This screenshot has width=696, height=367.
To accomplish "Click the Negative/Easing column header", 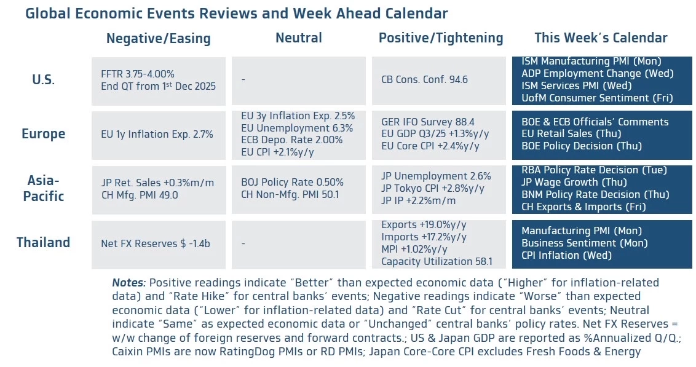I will point(158,38).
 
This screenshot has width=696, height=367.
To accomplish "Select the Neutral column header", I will point(298,37).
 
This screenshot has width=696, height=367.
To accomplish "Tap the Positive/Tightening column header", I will point(441,37).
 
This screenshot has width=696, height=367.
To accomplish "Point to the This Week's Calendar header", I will point(601,37).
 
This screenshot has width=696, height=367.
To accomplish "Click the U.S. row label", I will point(43,80).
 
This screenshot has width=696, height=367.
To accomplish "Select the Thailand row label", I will point(43,242).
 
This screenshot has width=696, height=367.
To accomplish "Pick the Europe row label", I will point(43,134).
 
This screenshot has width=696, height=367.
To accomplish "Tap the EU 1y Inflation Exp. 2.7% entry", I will point(157,134).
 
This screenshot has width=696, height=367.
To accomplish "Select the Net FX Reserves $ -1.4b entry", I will point(155,243).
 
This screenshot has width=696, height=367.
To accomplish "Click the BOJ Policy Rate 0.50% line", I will point(292,183).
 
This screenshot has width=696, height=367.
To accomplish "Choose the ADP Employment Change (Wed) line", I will point(597,73).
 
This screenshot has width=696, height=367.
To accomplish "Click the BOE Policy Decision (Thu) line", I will point(581,146).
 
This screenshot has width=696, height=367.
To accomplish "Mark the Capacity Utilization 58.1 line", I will point(436,261).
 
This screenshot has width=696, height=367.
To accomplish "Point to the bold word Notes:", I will point(129,283).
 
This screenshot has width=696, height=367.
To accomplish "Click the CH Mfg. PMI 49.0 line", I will point(140,195).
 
